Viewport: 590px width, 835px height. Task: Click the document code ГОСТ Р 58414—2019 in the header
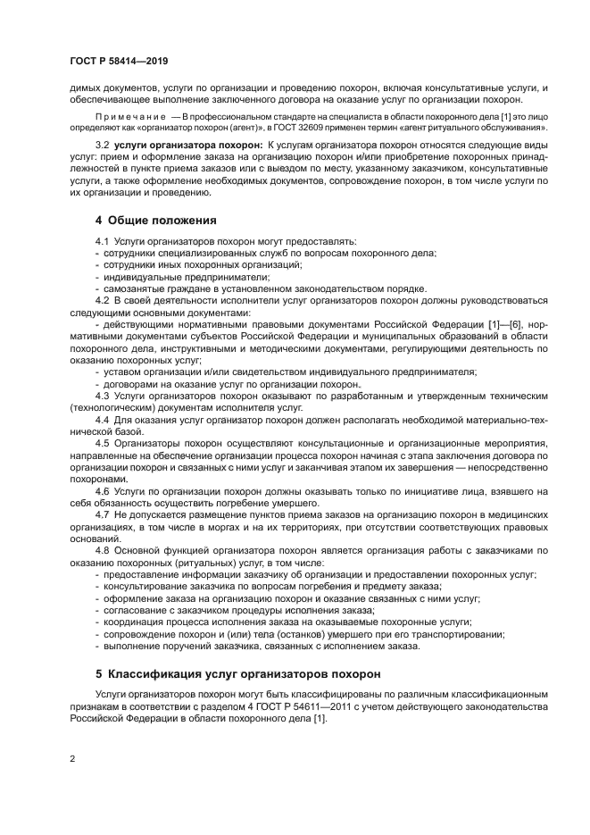click(x=119, y=61)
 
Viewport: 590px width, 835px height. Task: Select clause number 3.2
click(x=102, y=145)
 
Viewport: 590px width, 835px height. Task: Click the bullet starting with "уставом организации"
click(x=289, y=372)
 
